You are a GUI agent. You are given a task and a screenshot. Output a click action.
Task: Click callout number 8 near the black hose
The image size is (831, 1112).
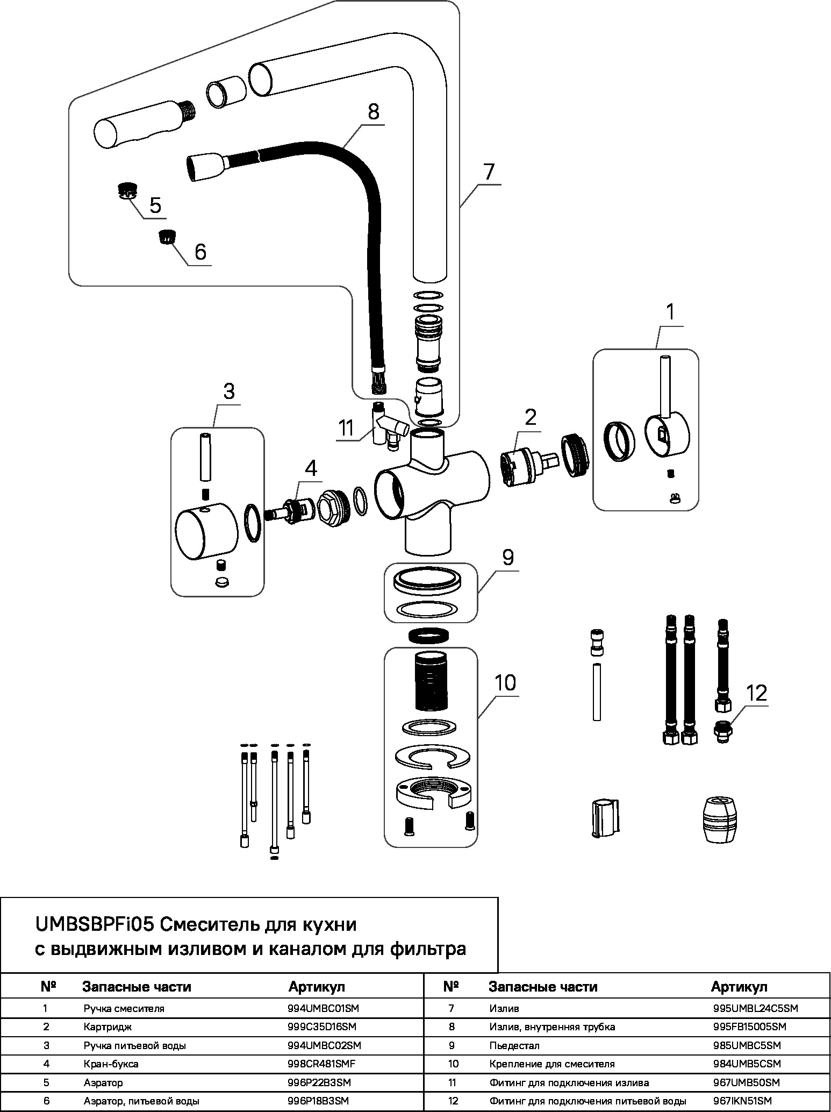[374, 112]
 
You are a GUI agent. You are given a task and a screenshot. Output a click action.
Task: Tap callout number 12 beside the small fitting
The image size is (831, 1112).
[756, 693]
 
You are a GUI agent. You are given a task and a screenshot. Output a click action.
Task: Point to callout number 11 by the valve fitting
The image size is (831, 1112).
[347, 428]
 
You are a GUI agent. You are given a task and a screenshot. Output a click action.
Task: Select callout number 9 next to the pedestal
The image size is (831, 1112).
[507, 557]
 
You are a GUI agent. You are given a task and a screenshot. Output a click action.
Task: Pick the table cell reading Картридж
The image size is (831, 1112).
[108, 1027]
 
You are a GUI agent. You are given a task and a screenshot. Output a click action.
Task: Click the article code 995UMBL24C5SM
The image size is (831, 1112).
[755, 1008]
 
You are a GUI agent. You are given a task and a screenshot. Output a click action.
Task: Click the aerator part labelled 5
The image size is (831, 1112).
[127, 190]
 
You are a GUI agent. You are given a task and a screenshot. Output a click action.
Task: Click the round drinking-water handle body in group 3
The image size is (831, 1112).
[206, 533]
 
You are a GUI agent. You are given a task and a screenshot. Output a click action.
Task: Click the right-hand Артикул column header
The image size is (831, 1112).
[739, 987]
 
